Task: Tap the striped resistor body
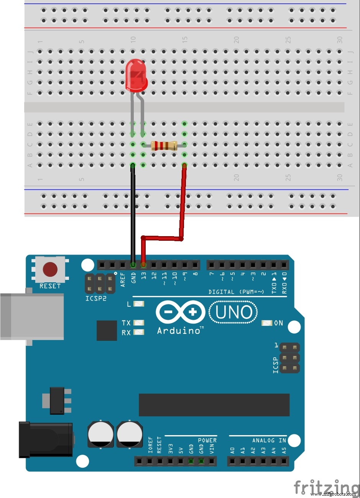(x=164, y=146)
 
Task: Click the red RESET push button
(x=50, y=270)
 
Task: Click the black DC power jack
(x=46, y=439)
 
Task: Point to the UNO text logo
(x=233, y=312)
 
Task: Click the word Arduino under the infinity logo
(x=179, y=330)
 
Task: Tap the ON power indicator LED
(x=267, y=323)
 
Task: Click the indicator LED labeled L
(x=139, y=304)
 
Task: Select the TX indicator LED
(x=139, y=323)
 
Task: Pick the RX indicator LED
(x=139, y=332)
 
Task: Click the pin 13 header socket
(x=143, y=265)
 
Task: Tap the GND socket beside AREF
(x=133, y=265)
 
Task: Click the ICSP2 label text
(x=95, y=298)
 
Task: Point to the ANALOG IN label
(x=269, y=440)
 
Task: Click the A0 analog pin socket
(x=232, y=461)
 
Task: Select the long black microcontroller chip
(x=214, y=405)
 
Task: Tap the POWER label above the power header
(x=207, y=440)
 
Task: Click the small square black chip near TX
(x=107, y=330)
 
